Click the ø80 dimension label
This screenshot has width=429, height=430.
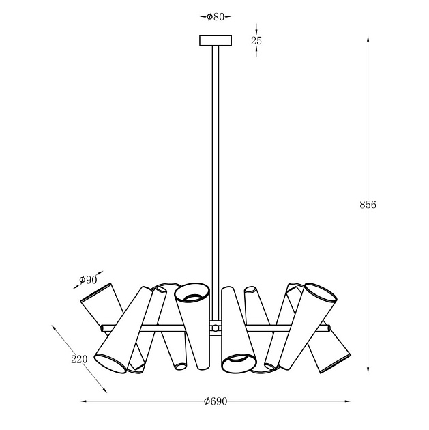click(216, 17)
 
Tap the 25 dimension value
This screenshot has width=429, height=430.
click(256, 40)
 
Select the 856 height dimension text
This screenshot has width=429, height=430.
click(368, 205)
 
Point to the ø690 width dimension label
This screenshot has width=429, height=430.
click(216, 401)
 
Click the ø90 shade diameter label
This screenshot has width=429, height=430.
click(88, 280)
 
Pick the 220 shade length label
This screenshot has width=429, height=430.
click(79, 359)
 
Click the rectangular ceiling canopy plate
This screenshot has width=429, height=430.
click(216, 40)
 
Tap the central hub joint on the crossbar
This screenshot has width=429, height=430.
click(216, 328)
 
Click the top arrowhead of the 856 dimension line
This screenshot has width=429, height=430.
click(368, 39)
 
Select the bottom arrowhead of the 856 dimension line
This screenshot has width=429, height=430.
click(368, 370)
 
